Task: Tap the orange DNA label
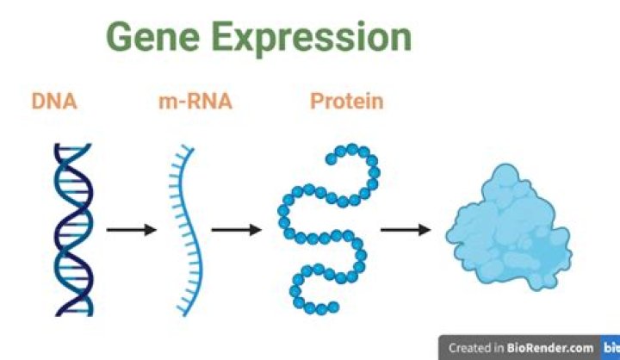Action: pos(53,102)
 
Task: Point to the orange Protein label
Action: pos(346,102)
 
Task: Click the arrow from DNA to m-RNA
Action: pos(131,230)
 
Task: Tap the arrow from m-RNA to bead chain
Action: pos(235,230)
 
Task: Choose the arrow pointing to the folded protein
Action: pos(406,230)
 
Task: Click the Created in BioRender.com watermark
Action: pos(521,348)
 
